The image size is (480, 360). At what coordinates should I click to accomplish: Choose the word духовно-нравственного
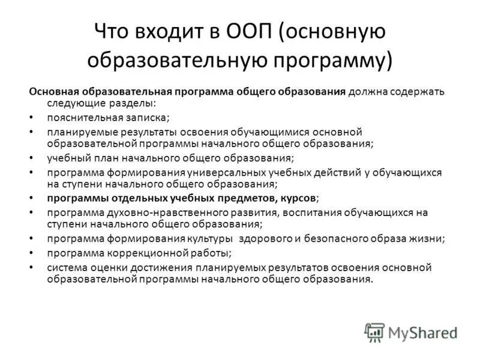coord(145,212)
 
